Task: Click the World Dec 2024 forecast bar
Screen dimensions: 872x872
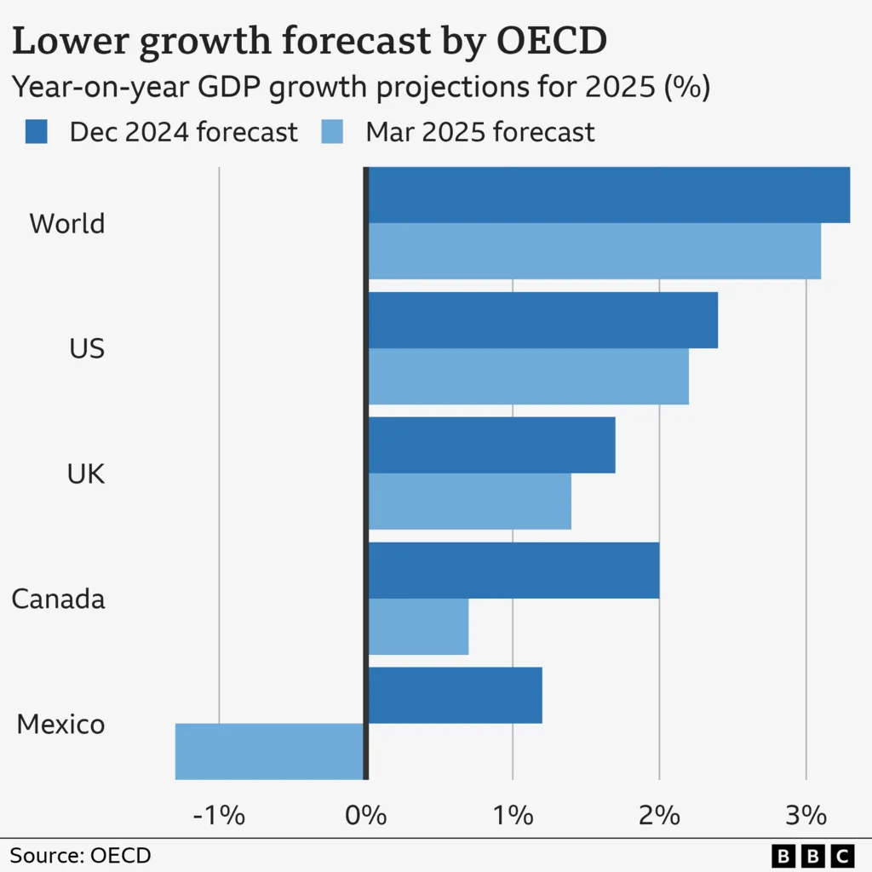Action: pyautogui.click(x=609, y=195)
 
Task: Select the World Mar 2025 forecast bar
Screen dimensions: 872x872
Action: pyautogui.click(x=594, y=251)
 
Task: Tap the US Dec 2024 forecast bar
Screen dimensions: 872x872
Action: pyautogui.click(x=542, y=320)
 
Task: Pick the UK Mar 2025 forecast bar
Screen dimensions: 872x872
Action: pyautogui.click(x=469, y=502)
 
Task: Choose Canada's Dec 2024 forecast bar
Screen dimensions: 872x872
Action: pyautogui.click(x=513, y=571)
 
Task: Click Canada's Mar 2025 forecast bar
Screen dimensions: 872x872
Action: pyautogui.click(x=418, y=627)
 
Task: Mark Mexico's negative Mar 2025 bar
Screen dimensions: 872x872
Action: pyautogui.click(x=270, y=751)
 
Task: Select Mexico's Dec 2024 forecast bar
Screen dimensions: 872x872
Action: pyautogui.click(x=455, y=695)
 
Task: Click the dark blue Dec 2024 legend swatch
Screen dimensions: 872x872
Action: pyautogui.click(x=37, y=132)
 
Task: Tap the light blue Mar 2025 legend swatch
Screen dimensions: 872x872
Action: pyautogui.click(x=331, y=132)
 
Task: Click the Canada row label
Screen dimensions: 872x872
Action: pyautogui.click(x=58, y=599)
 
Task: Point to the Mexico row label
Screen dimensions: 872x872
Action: pyautogui.click(x=60, y=724)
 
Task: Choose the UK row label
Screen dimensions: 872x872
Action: pyautogui.click(x=86, y=473)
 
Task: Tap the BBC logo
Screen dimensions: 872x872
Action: pyautogui.click(x=812, y=855)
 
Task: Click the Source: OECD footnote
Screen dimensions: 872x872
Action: pyautogui.click(x=80, y=855)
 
